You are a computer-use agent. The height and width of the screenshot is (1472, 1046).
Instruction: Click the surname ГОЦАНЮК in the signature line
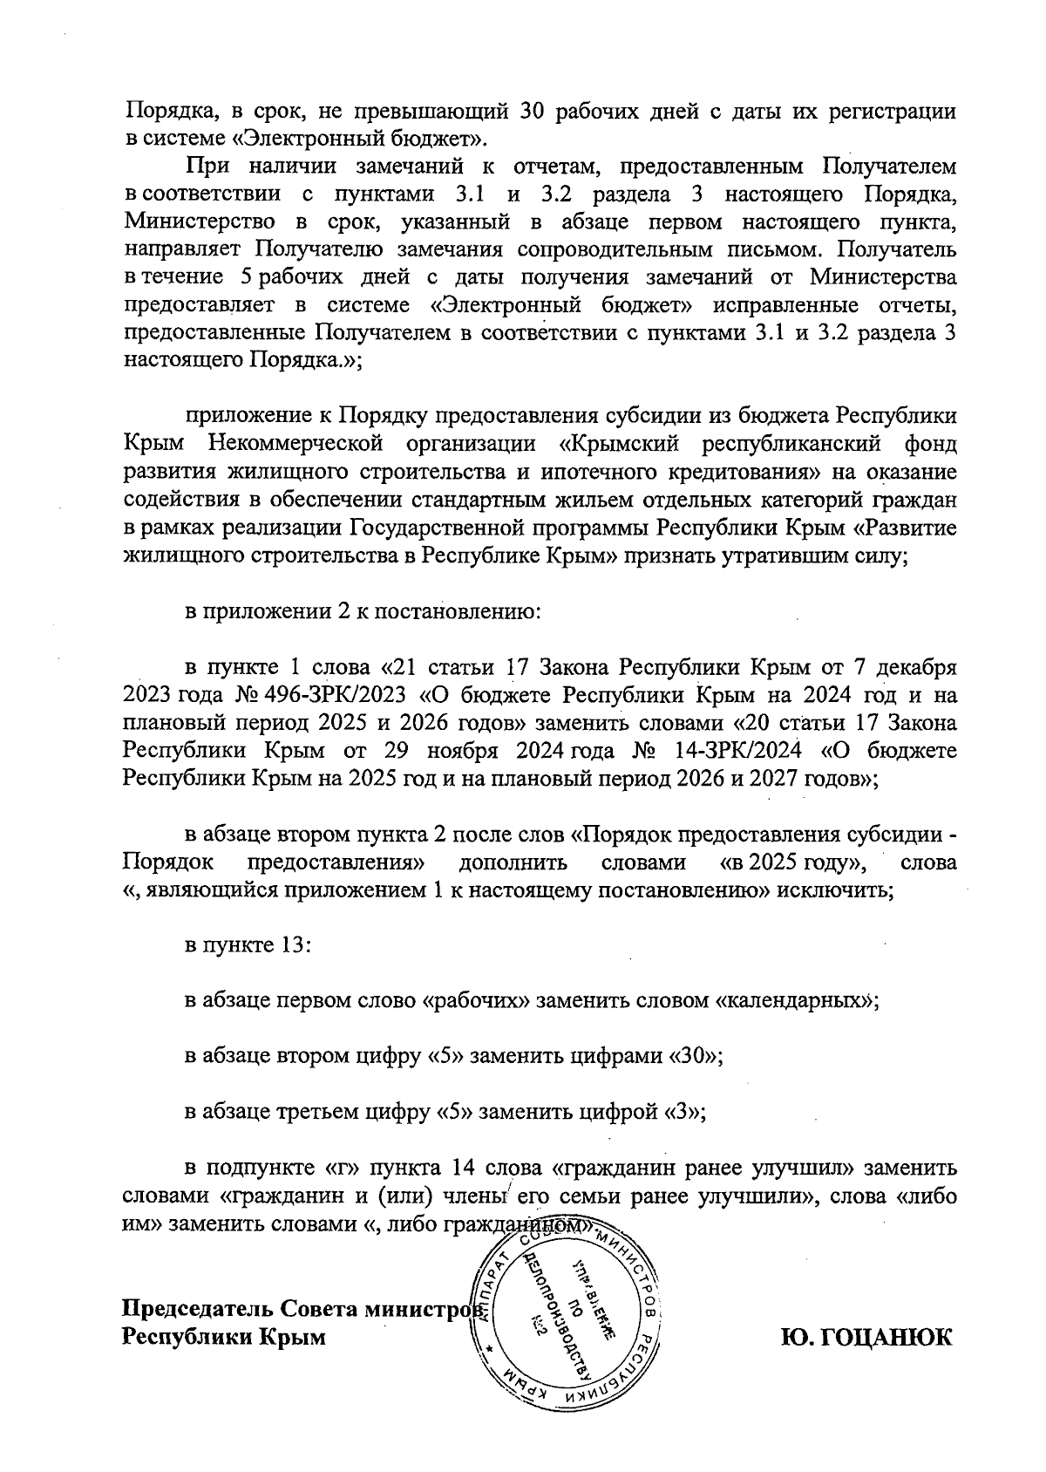[x=866, y=1337]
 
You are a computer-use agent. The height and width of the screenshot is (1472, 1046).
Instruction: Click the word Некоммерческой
[x=296, y=443]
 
